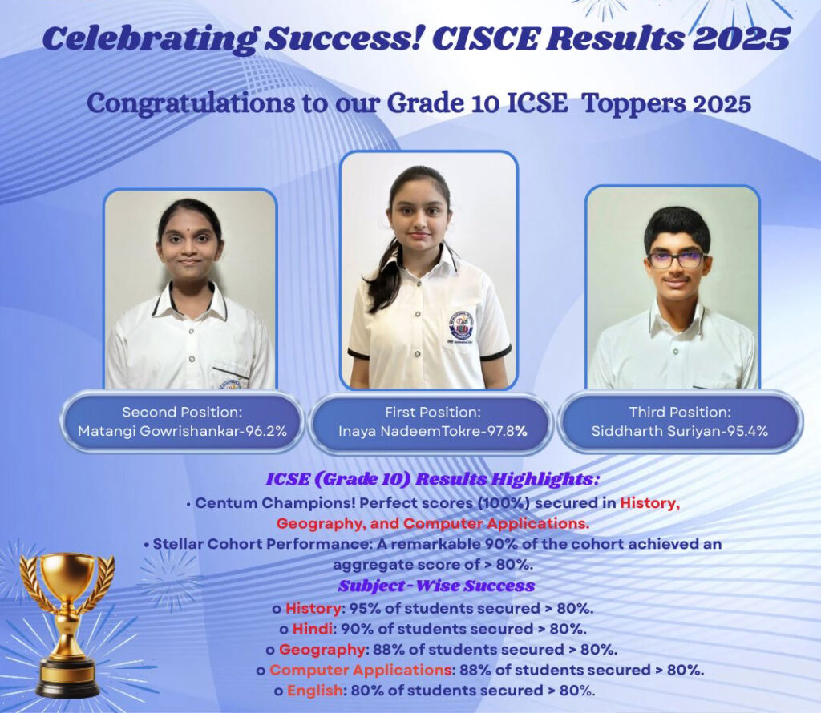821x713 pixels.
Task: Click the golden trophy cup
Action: pyautogui.click(x=67, y=622)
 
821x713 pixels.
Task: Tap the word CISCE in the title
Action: pyautogui.click(x=485, y=38)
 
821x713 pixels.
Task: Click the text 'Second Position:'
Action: pyautogui.click(x=182, y=413)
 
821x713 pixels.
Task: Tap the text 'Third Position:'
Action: pyautogui.click(x=680, y=413)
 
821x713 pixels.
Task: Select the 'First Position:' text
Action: pyautogui.click(x=432, y=413)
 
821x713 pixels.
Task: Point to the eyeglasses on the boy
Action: pyautogui.click(x=676, y=259)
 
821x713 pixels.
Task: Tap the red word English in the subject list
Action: pyautogui.click(x=314, y=691)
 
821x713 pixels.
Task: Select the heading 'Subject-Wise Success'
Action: pyautogui.click(x=436, y=586)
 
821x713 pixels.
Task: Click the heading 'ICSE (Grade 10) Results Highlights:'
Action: pyautogui.click(x=432, y=479)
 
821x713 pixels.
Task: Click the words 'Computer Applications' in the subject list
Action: pyautogui.click(x=361, y=670)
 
